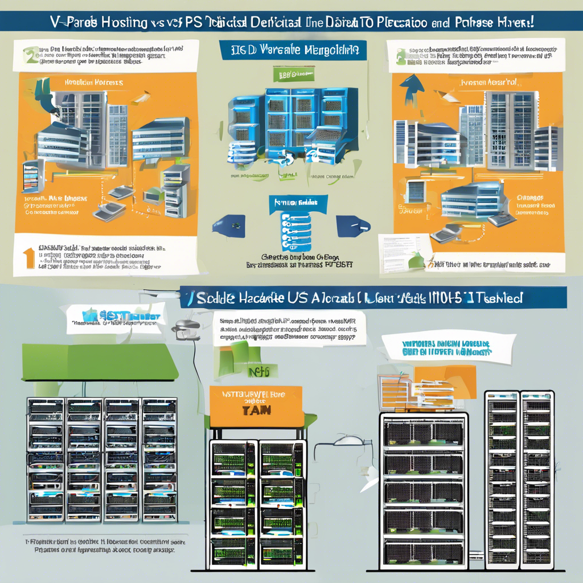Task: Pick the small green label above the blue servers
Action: coord(289,74)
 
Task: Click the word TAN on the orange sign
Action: coord(255,410)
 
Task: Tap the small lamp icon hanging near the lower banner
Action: coord(186,329)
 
